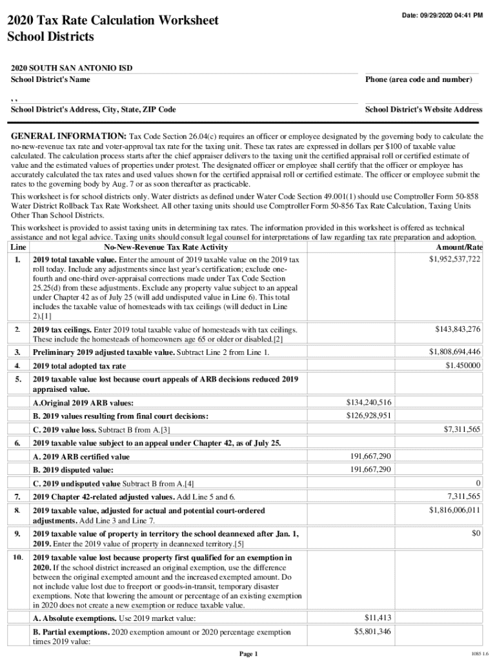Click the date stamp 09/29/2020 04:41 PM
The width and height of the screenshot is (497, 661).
tap(441, 15)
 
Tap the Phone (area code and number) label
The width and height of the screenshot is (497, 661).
tap(418, 79)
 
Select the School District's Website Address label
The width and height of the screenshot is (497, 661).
tap(423, 110)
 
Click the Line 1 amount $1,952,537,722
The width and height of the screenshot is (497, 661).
tap(454, 259)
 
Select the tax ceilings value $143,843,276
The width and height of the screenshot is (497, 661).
tap(457, 329)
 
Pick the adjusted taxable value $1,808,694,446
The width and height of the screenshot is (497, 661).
tap(454, 352)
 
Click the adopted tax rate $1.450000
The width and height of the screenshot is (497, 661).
tap(463, 365)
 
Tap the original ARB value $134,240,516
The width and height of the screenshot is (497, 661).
tap(369, 403)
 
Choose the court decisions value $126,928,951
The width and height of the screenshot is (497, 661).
tap(369, 415)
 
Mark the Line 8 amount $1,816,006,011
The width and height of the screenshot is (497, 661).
tap(454, 510)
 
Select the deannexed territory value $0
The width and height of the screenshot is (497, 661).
tap(476, 533)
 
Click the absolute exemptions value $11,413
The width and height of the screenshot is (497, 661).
tap(378, 618)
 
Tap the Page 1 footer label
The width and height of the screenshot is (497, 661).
tap(249, 654)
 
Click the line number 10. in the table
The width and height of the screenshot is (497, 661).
tap(19, 556)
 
